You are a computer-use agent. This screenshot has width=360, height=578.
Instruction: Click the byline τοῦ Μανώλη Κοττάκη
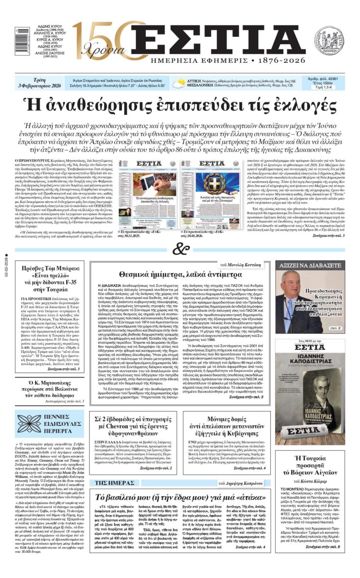241,264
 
